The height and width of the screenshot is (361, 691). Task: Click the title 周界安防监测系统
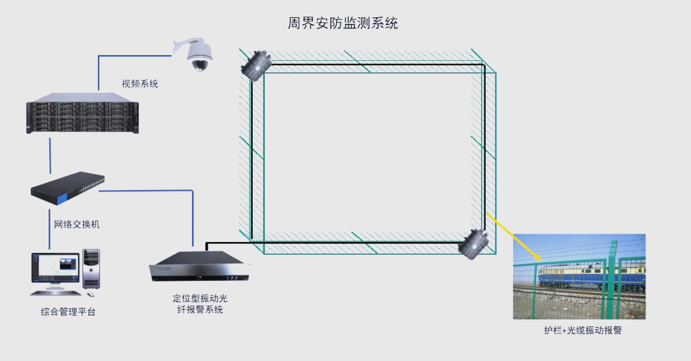343,23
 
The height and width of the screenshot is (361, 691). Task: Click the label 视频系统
139,83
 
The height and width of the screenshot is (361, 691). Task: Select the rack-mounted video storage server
83,113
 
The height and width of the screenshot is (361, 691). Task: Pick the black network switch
67,188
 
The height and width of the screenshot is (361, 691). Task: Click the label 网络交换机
77,225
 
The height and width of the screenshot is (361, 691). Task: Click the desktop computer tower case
91,269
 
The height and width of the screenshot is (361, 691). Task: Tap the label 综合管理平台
68,312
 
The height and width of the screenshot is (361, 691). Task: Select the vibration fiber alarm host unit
199,266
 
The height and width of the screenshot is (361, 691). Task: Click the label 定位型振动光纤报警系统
200,303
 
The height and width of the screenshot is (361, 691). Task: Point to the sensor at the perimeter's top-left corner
255,65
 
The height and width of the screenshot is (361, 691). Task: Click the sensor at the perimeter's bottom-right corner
473,243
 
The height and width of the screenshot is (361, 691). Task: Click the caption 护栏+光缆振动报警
583,330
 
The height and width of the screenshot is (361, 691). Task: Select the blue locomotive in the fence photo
591,277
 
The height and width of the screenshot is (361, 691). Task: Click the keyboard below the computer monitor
56,293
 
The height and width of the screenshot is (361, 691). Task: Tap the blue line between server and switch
50,156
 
